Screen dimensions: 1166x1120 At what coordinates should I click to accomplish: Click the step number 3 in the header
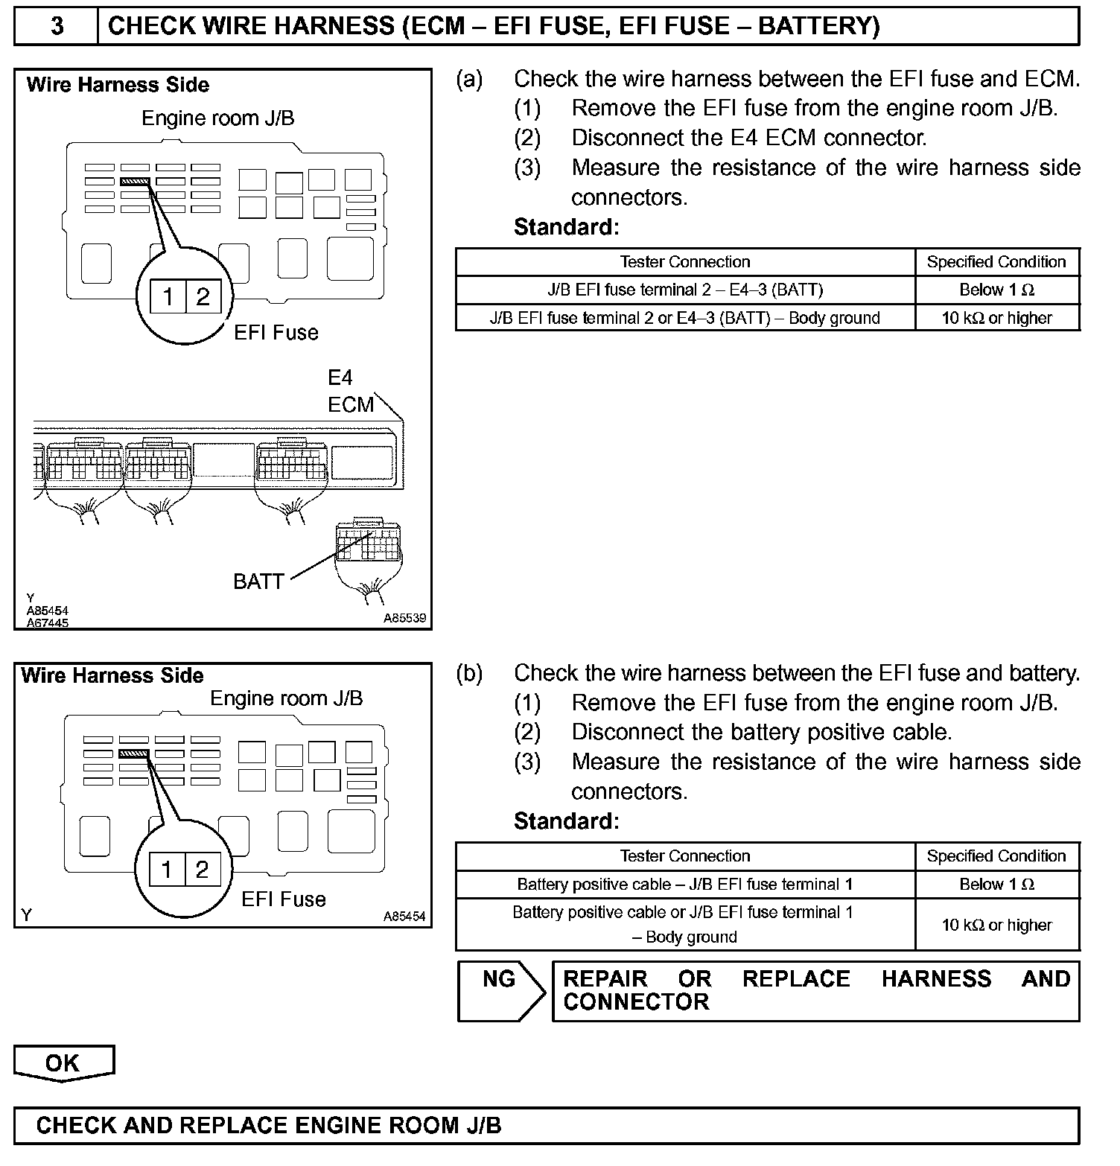click(57, 26)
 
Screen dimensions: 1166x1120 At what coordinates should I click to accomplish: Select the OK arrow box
click(63, 1063)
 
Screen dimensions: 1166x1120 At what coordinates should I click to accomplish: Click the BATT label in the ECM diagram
click(258, 581)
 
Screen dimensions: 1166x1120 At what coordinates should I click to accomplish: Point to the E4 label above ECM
click(340, 377)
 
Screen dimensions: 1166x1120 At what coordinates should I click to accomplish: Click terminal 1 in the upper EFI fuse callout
click(168, 298)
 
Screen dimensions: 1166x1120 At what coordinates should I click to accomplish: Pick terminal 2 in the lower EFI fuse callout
click(202, 870)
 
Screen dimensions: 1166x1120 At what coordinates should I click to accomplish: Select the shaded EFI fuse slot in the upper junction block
click(136, 181)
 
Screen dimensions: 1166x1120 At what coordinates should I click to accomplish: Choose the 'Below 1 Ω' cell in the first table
click(996, 290)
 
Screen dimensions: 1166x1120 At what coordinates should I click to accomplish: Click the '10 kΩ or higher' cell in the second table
click(996, 925)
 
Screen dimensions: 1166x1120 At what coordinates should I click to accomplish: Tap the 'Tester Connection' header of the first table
click(684, 262)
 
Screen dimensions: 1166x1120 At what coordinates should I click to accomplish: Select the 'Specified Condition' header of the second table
click(996, 856)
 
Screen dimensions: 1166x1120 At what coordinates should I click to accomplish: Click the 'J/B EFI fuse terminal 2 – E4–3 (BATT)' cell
click(684, 290)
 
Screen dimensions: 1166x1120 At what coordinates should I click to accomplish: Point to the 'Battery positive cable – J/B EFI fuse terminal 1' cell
click(684, 885)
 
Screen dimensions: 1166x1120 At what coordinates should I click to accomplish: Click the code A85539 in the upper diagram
click(404, 618)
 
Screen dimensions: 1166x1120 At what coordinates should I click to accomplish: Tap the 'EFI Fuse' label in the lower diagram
click(284, 899)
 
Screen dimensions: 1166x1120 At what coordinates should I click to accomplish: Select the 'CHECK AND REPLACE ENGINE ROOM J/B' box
click(546, 1125)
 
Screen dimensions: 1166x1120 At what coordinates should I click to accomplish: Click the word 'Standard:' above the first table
click(566, 227)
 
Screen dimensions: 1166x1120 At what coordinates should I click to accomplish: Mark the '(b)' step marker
click(469, 673)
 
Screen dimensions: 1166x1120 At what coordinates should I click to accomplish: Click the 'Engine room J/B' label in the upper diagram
click(217, 118)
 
